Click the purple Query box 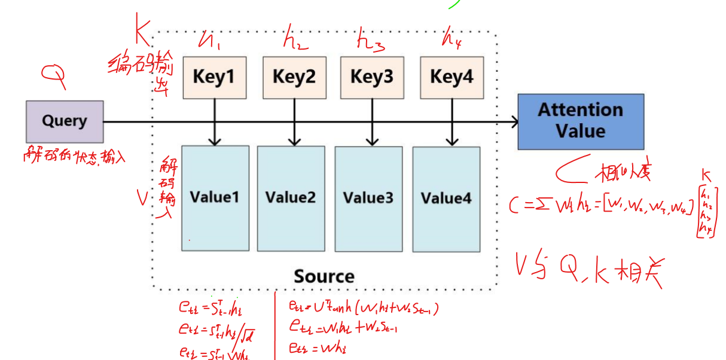click(65, 121)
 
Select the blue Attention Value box click(581, 121)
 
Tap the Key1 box click(214, 77)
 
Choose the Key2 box click(294, 77)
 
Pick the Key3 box click(372, 77)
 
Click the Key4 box click(452, 77)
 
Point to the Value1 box click(215, 197)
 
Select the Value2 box click(291, 198)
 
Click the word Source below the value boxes click(324, 276)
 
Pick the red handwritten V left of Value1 click(142, 199)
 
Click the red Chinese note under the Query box click(75, 157)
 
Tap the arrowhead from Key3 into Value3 click(372, 142)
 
